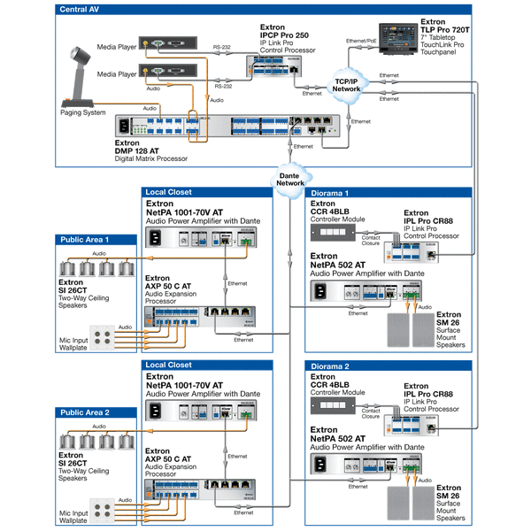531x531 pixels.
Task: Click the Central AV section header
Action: click(x=81, y=10)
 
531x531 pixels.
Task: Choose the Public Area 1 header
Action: click(x=85, y=239)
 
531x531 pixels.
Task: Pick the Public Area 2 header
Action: click(x=85, y=412)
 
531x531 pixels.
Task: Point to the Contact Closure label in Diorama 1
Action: click(x=372, y=240)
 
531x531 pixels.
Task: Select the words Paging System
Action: click(x=82, y=113)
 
